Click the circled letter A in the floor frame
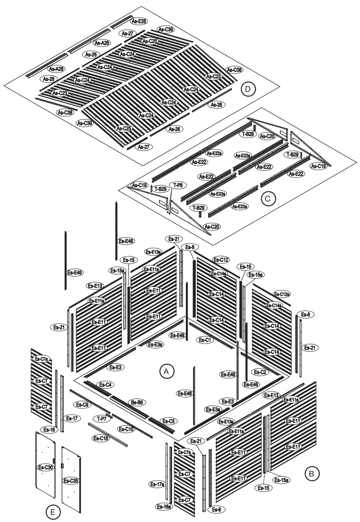(x=167, y=371)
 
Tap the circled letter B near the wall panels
(x=311, y=473)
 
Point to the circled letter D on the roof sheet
(x=248, y=89)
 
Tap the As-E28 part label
(x=138, y=21)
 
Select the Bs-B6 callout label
(x=136, y=402)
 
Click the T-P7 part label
(x=102, y=419)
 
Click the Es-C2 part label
(x=260, y=372)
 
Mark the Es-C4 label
(x=105, y=385)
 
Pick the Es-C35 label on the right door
(x=71, y=480)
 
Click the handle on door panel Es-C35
(x=62, y=466)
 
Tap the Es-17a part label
(x=158, y=484)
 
